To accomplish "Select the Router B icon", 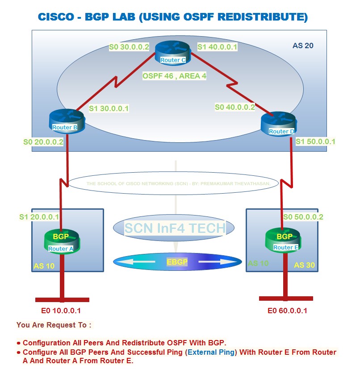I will click(66, 122).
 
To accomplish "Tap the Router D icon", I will click(278, 124).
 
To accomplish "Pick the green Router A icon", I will click(61, 241).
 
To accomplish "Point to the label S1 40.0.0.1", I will click(218, 46).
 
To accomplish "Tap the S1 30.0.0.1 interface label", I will click(109, 108).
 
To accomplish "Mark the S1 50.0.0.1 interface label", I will click(315, 141).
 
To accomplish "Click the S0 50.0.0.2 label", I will click(303, 217).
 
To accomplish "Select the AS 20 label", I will click(303, 46).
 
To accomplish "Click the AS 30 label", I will click(304, 265).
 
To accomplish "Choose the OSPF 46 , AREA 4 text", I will click(174, 76).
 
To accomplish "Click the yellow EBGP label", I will click(177, 262).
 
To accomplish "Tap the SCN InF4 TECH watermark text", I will click(175, 228).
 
